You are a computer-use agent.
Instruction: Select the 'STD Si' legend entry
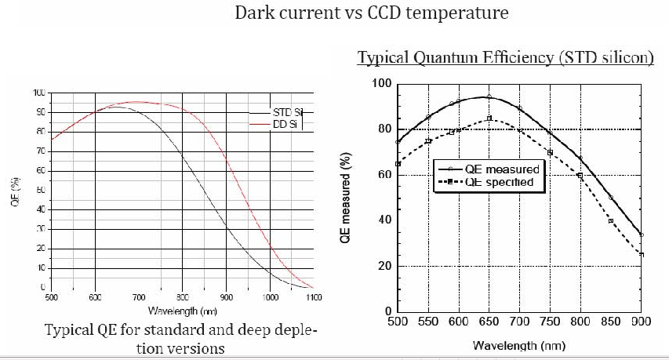287,113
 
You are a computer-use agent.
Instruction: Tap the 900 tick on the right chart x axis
642,322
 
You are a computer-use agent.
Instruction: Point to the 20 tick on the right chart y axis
384,266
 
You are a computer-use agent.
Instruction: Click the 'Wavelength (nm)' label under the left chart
182,311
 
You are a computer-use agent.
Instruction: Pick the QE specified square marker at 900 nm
642,254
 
